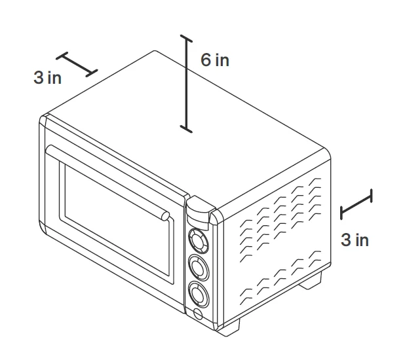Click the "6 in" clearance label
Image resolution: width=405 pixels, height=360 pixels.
[x=215, y=60]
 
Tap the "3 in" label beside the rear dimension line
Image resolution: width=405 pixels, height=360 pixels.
[x=48, y=78]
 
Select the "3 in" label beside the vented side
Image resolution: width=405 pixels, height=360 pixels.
[x=355, y=240]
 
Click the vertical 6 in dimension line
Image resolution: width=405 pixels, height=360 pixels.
[x=186, y=84]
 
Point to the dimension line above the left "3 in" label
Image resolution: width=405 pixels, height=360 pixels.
[x=77, y=64]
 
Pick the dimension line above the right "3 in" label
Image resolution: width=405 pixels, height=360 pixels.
[x=357, y=204]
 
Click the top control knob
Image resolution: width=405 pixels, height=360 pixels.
[x=199, y=241]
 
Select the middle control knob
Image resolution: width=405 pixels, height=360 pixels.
[x=199, y=268]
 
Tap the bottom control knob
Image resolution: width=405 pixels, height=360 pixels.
[x=199, y=295]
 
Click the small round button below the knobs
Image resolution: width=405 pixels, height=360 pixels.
[x=198, y=314]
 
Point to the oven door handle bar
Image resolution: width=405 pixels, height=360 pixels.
[x=107, y=182]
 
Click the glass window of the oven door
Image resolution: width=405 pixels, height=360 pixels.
[x=117, y=220]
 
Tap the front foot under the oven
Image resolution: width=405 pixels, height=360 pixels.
[x=229, y=327]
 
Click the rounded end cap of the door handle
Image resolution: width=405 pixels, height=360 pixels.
[x=165, y=216]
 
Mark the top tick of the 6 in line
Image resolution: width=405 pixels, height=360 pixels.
[x=186, y=38]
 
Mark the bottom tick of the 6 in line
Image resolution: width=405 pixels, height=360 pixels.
[x=186, y=129]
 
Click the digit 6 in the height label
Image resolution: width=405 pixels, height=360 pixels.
[x=206, y=60]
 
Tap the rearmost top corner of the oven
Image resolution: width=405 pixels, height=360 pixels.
[x=155, y=51]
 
